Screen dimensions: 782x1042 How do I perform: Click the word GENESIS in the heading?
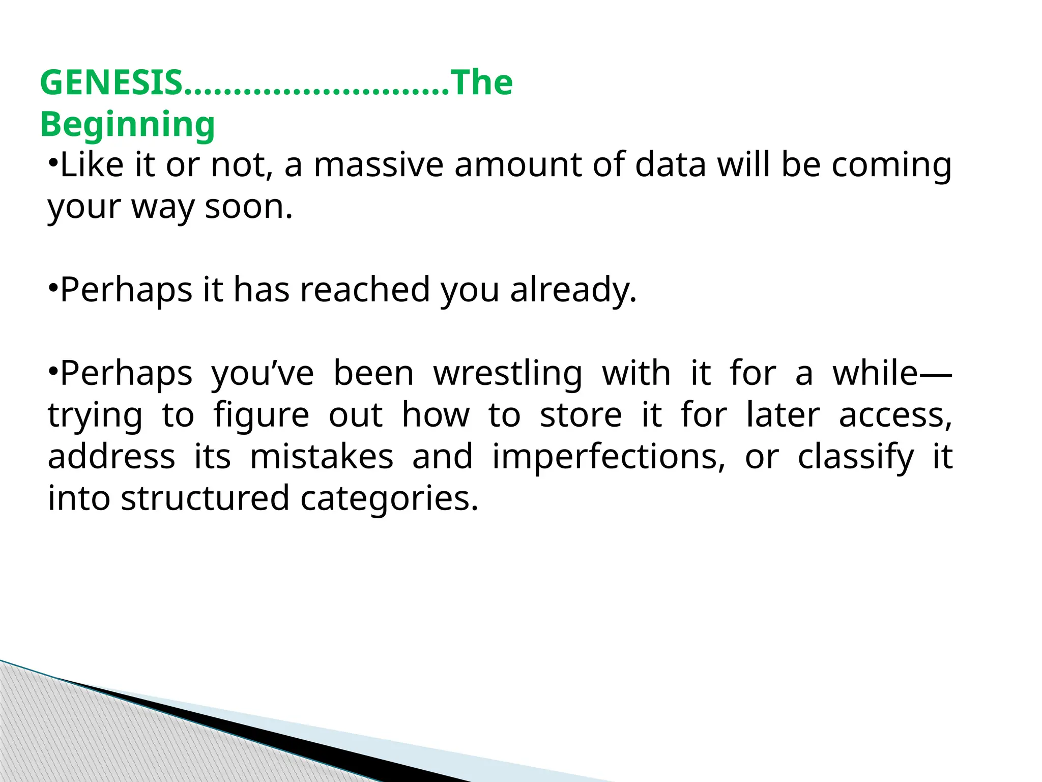[111, 82]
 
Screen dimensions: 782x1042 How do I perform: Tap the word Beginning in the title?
[127, 125]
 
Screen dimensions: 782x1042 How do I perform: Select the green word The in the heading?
[482, 82]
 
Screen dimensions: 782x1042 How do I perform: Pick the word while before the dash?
[875, 373]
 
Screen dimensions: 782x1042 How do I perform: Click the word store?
[581, 415]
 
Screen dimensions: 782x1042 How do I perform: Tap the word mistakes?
[322, 457]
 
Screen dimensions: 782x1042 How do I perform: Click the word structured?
[205, 498]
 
